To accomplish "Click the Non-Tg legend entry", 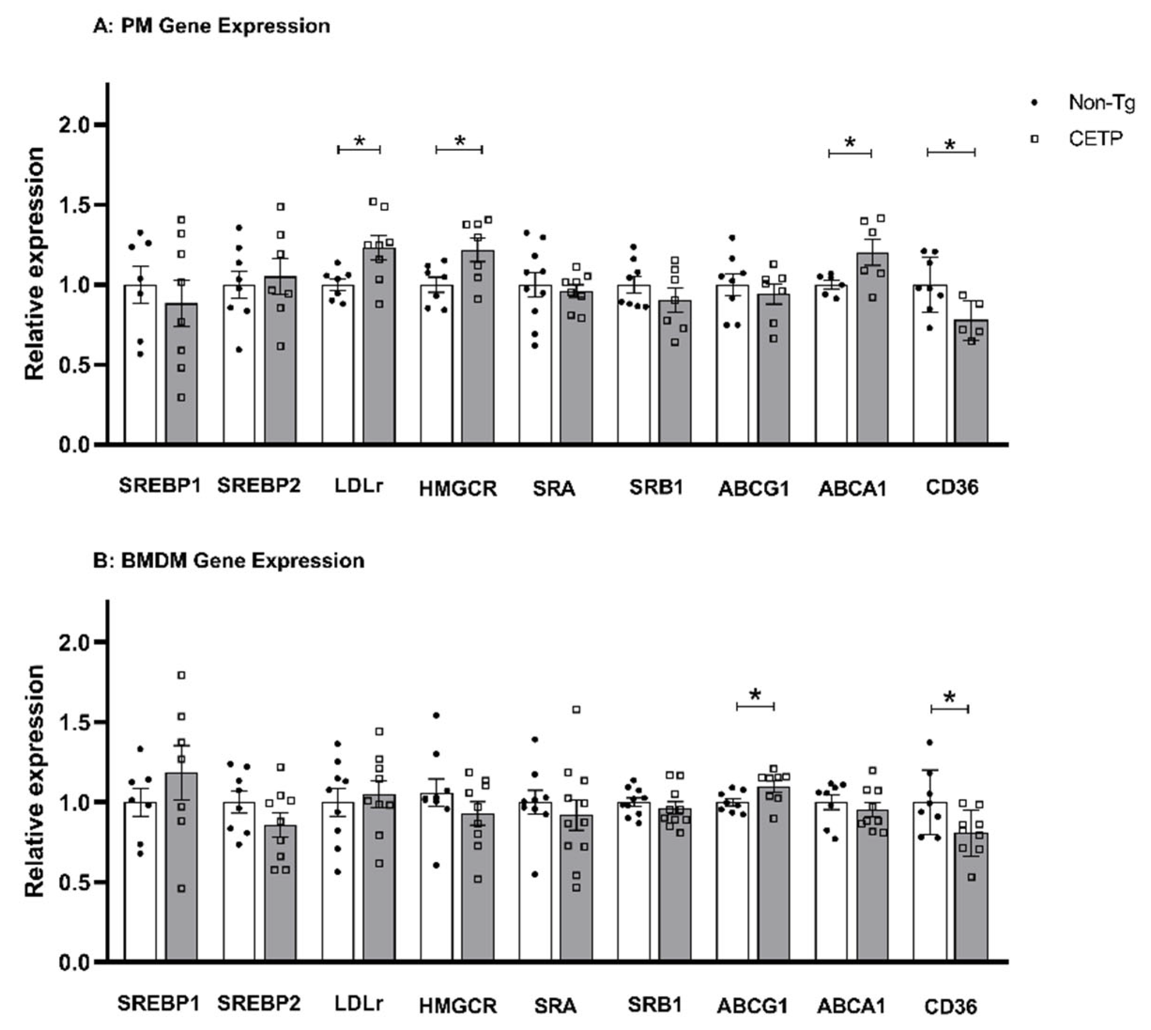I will point(1100,103).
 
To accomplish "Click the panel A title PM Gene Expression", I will point(211,26).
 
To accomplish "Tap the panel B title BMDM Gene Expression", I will point(229,561).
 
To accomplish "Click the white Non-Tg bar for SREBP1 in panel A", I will point(140,368).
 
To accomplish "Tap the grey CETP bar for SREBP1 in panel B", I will point(181,871).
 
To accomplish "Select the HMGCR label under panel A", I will point(458,488).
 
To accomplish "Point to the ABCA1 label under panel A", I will point(852,488).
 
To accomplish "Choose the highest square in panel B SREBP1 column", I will point(182,675).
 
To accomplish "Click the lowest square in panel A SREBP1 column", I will point(182,398).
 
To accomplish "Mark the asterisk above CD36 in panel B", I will point(950,698).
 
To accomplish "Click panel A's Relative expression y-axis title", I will point(35,263).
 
